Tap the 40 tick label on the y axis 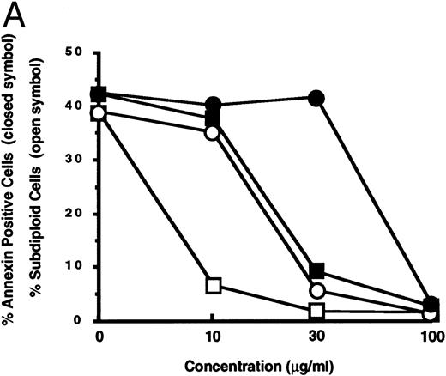tap(77, 106)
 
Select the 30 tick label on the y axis tap(77, 160)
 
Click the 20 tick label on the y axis tap(77, 214)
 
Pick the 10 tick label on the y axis tap(77, 267)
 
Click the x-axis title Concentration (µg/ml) tap(262, 364)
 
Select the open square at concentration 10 tap(212, 284)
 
